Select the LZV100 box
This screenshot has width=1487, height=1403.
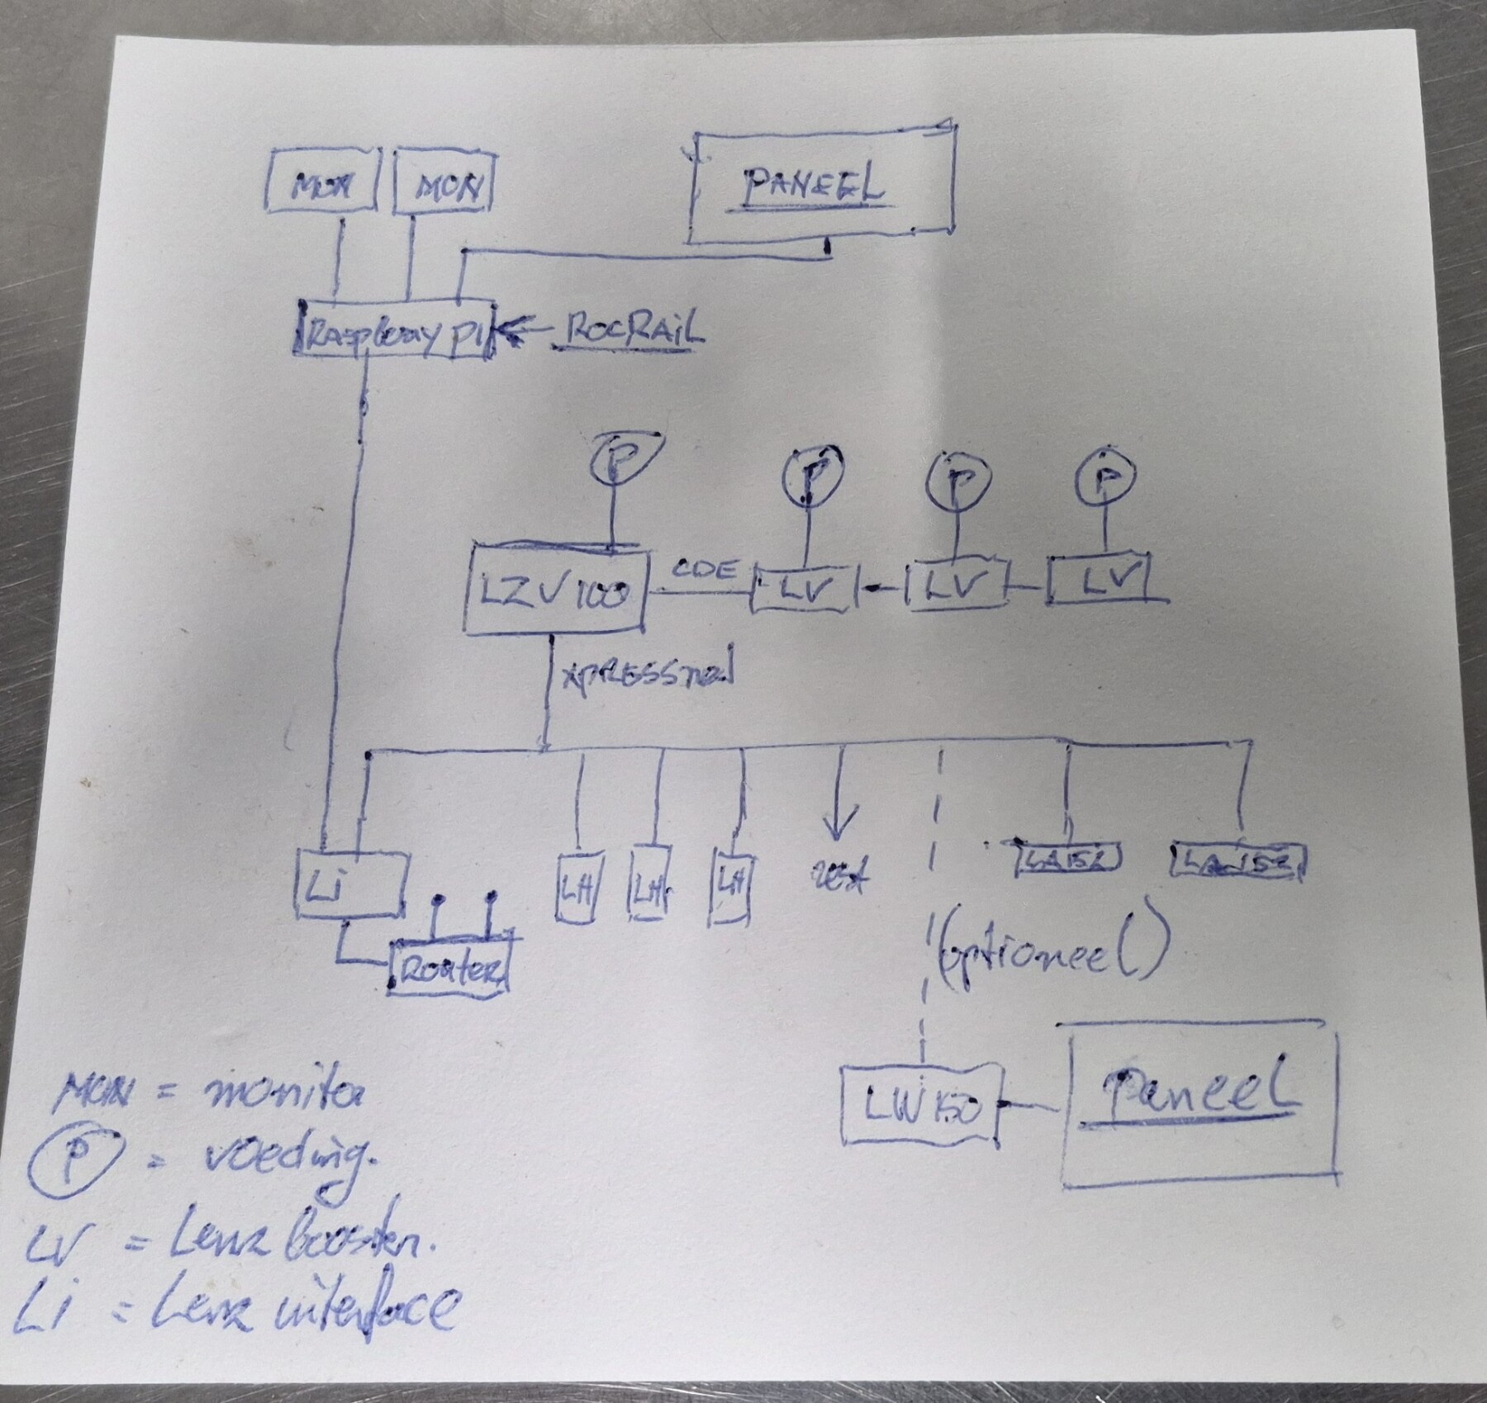555,590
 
